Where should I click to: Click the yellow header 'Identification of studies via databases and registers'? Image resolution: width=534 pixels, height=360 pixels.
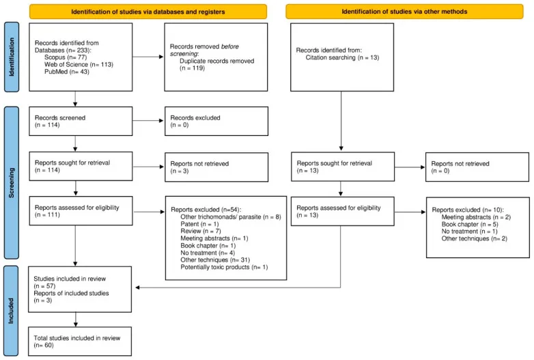pos(147,11)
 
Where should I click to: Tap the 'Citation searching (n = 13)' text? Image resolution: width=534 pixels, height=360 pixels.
pos(342,57)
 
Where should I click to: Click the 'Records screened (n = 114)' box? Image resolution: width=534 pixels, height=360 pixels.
pos(81,121)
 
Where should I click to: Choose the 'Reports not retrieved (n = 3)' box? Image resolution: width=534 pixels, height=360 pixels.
pos(216,167)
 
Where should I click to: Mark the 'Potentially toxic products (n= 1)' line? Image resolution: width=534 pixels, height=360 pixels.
pos(224,267)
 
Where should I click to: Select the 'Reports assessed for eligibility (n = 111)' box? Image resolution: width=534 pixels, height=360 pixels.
pos(81,211)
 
